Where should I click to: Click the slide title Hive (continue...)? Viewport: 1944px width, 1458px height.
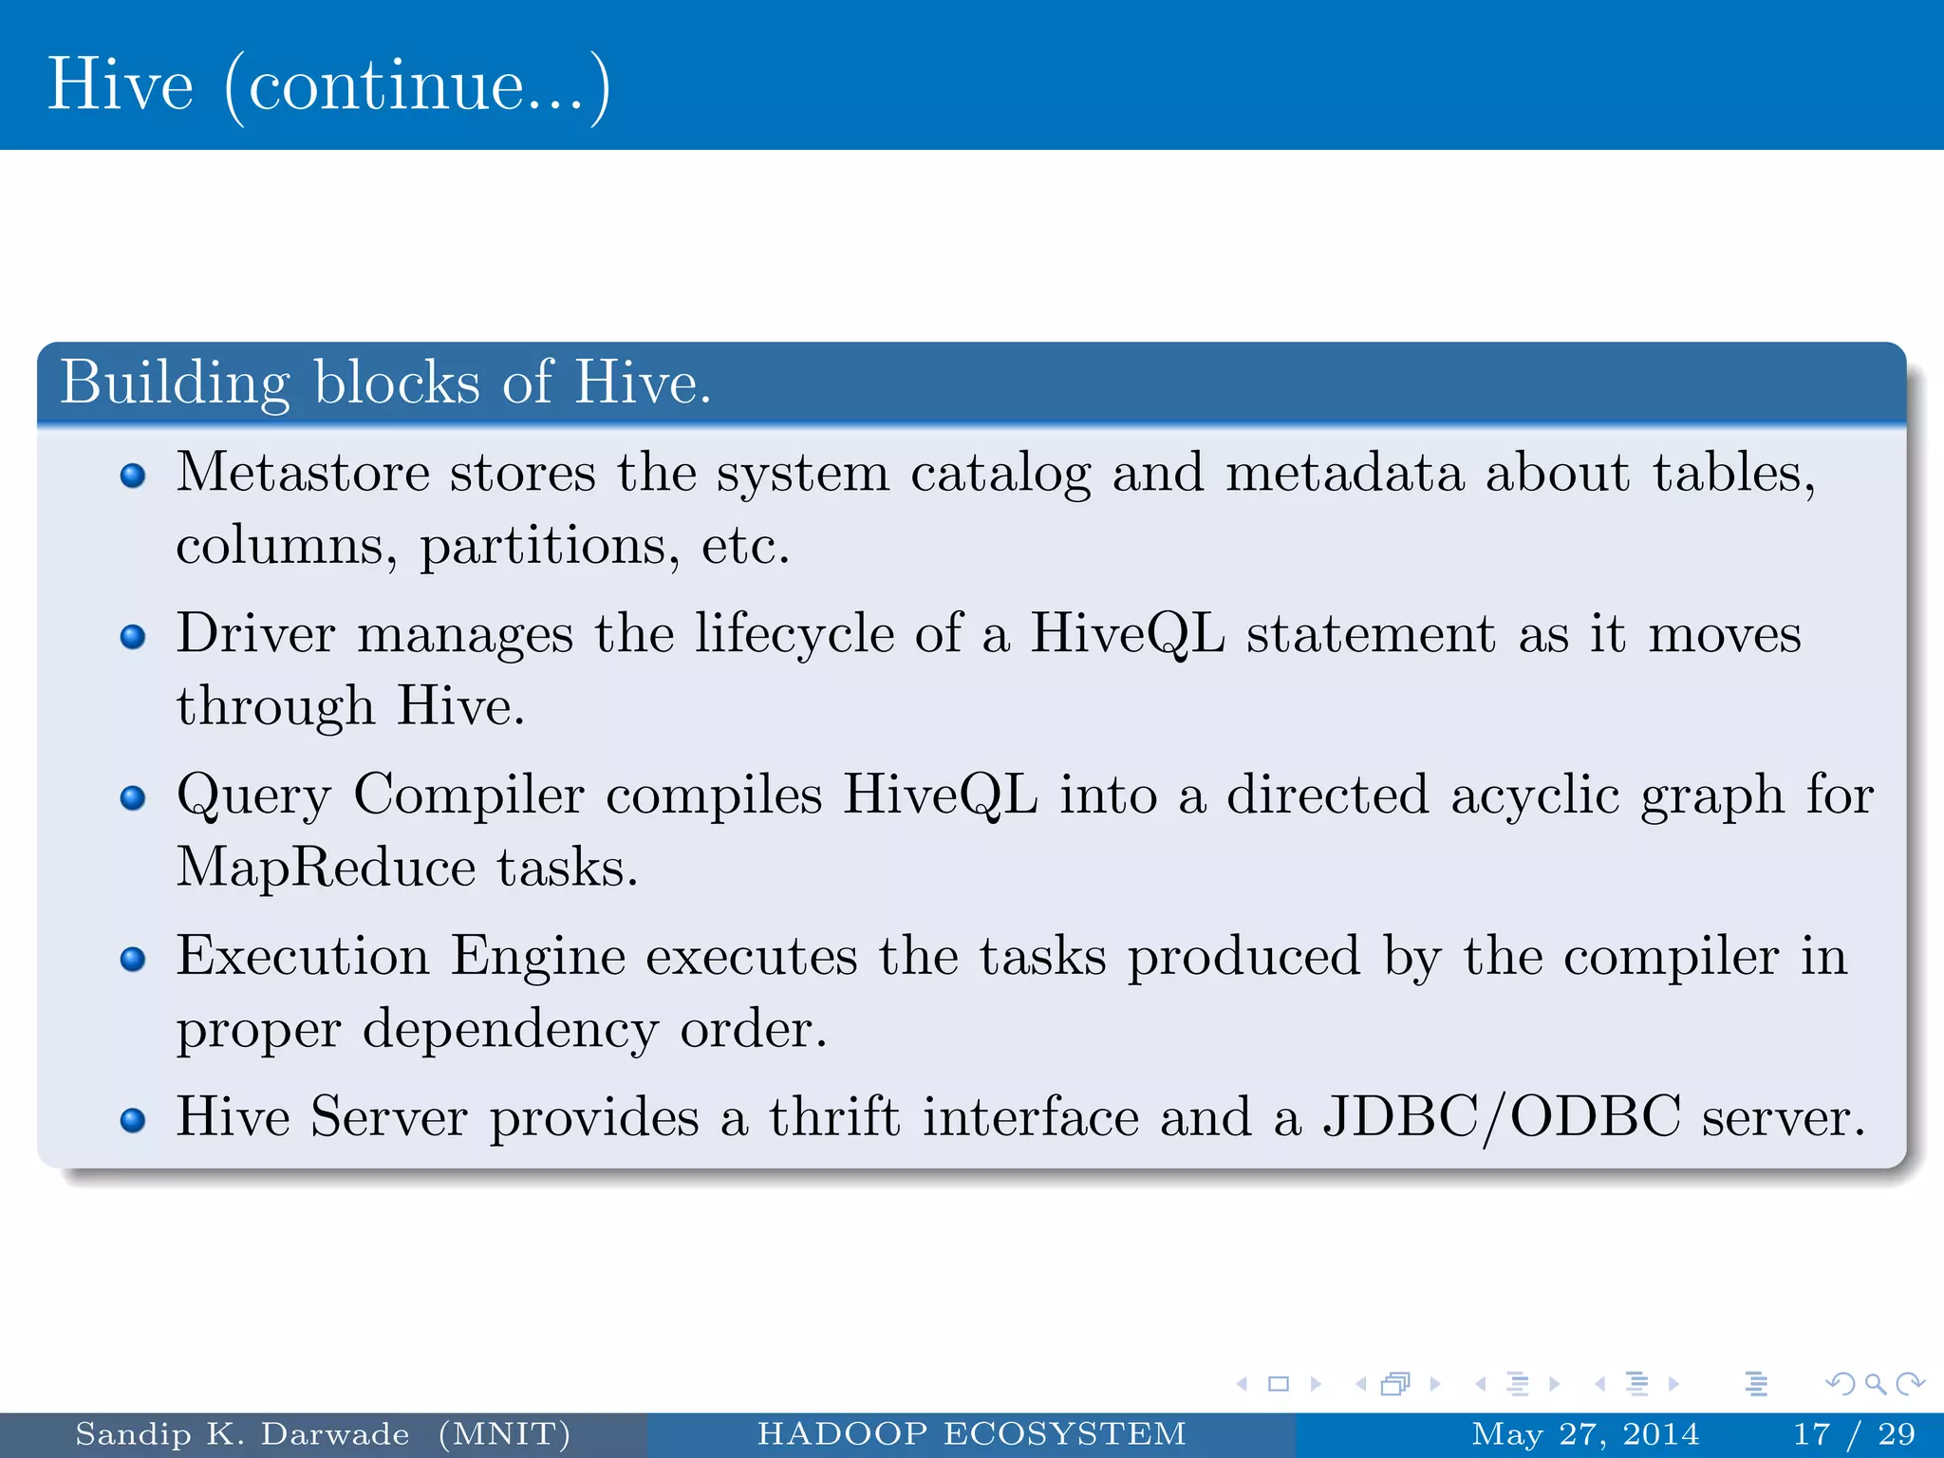[x=328, y=85]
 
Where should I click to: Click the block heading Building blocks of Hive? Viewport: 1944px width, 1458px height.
[x=385, y=383]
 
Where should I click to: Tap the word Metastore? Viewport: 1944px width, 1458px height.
[x=303, y=472]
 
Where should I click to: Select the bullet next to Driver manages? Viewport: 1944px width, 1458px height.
[x=134, y=636]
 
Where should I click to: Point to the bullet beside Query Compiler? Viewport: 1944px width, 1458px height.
[x=134, y=797]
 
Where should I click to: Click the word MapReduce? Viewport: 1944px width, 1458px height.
[x=326, y=868]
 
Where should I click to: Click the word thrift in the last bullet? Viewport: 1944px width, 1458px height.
[x=833, y=1116]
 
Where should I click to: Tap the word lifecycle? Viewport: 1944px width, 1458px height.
[x=794, y=633]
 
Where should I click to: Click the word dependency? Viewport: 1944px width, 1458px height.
[x=510, y=1030]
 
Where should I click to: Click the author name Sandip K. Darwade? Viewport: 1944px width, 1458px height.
[x=242, y=1433]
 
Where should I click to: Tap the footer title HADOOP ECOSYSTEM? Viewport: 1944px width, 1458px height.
[x=971, y=1433]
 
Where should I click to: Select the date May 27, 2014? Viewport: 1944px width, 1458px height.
[x=1584, y=1433]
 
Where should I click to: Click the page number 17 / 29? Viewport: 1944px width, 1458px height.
[x=1854, y=1433]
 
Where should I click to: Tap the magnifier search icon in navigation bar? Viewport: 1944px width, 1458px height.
[x=1875, y=1384]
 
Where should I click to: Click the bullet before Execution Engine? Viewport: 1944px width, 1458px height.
[x=134, y=959]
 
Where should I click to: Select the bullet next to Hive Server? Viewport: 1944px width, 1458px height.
[x=134, y=1120]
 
